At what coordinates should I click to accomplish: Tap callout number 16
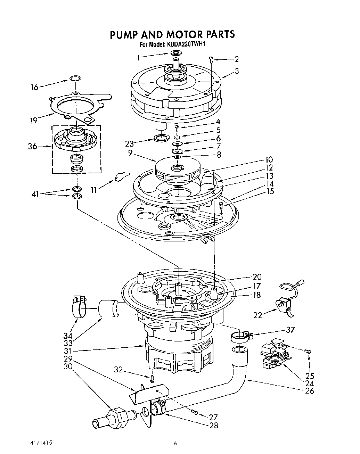pyautogui.click(x=34, y=87)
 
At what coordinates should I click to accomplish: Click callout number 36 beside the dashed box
pyautogui.click(x=33, y=147)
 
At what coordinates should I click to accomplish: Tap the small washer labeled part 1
pyautogui.click(x=176, y=53)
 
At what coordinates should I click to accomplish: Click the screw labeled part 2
pyautogui.click(x=211, y=60)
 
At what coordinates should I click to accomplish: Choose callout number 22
pyautogui.click(x=258, y=315)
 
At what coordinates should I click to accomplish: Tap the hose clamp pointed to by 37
pyautogui.click(x=240, y=336)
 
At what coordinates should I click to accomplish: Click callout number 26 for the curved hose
pyautogui.click(x=309, y=391)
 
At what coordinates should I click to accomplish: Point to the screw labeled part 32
pyautogui.click(x=152, y=378)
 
